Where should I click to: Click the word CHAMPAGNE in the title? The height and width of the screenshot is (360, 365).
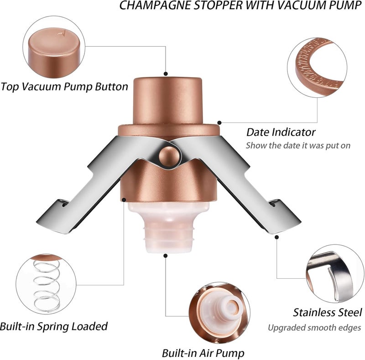coord(156,5)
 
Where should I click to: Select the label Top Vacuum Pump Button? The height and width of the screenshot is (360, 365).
coord(64,87)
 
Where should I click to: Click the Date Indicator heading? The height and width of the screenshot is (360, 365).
coord(281,132)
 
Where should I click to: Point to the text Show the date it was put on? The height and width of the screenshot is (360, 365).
coord(298,145)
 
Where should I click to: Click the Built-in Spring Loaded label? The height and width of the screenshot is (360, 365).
coord(54,326)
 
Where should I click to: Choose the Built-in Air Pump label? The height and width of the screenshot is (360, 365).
coord(203,353)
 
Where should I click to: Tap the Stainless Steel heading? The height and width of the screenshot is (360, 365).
coord(328,312)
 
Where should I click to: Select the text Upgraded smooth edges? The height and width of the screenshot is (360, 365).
coord(314,328)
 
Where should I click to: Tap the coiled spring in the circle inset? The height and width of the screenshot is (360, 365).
coord(47,286)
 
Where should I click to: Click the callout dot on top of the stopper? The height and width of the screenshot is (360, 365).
coord(166,74)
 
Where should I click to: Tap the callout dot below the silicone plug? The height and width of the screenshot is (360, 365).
coord(166,256)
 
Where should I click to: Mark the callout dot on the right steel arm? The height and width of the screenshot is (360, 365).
coord(277,237)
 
